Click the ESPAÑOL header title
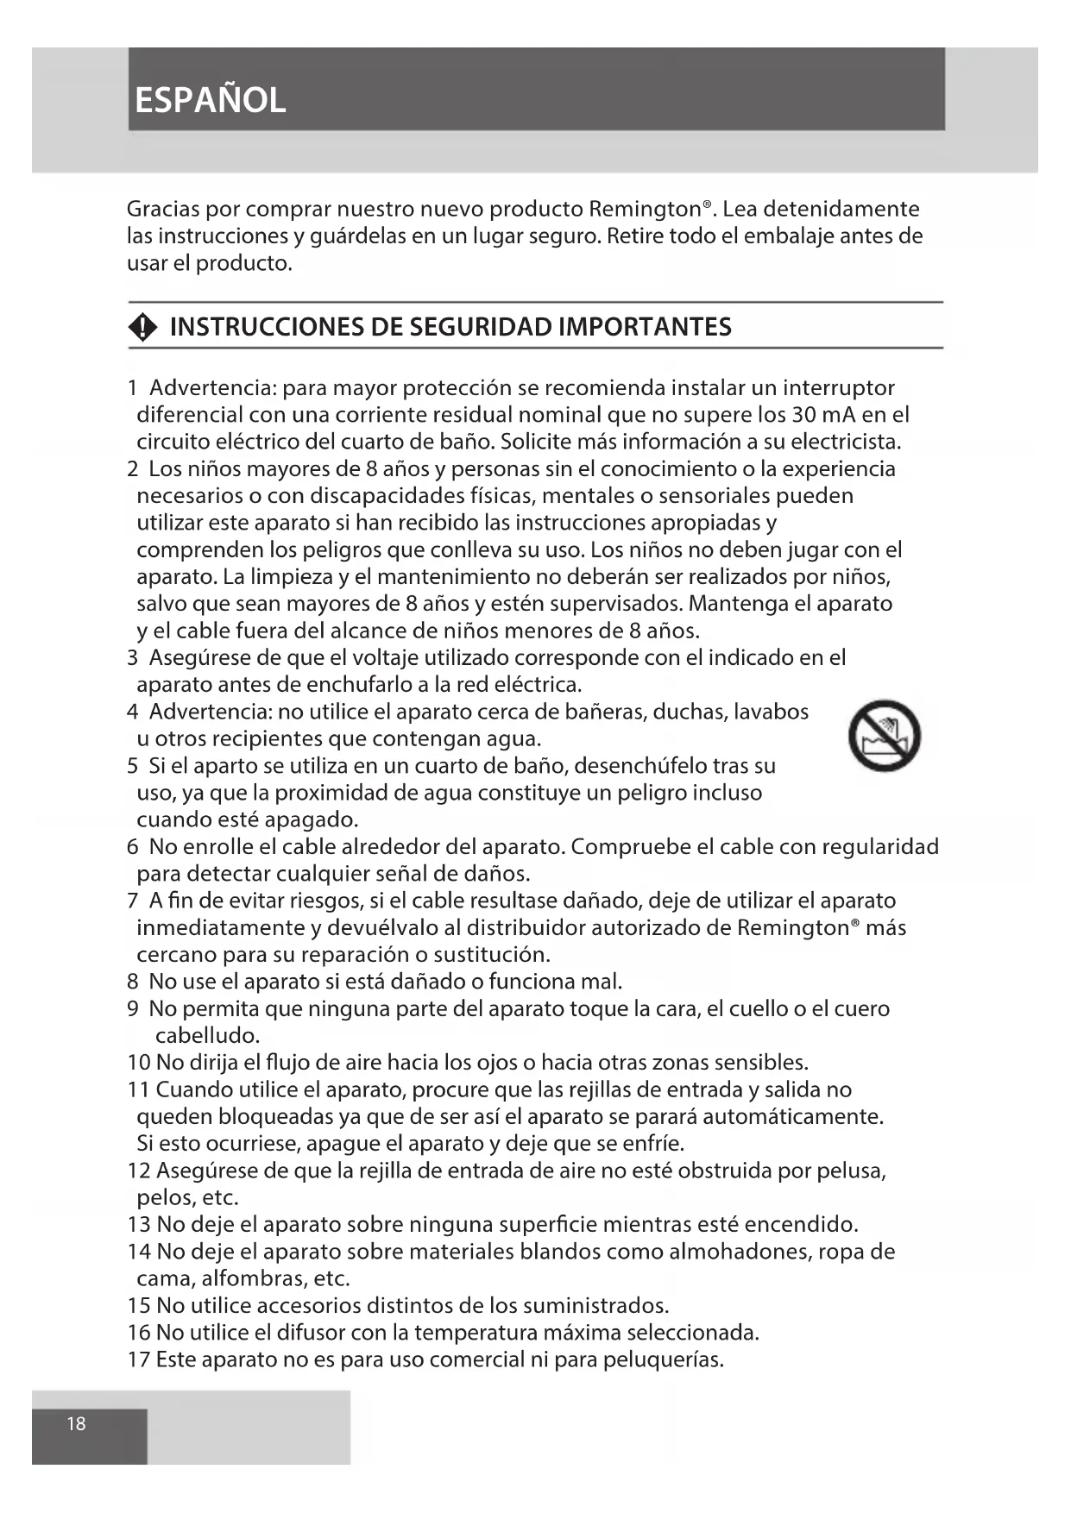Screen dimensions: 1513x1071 [210, 101]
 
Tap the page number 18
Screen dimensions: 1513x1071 [77, 1423]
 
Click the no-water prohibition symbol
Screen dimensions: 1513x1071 [885, 735]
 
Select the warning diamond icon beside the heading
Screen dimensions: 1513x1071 [143, 327]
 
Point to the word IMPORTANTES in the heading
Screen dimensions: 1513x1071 [645, 327]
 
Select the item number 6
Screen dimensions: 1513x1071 [132, 847]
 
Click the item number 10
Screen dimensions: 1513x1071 [138, 1063]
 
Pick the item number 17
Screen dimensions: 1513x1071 [138, 1359]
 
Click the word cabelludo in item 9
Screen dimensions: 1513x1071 [207, 1035]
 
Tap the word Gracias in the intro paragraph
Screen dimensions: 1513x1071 [165, 209]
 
